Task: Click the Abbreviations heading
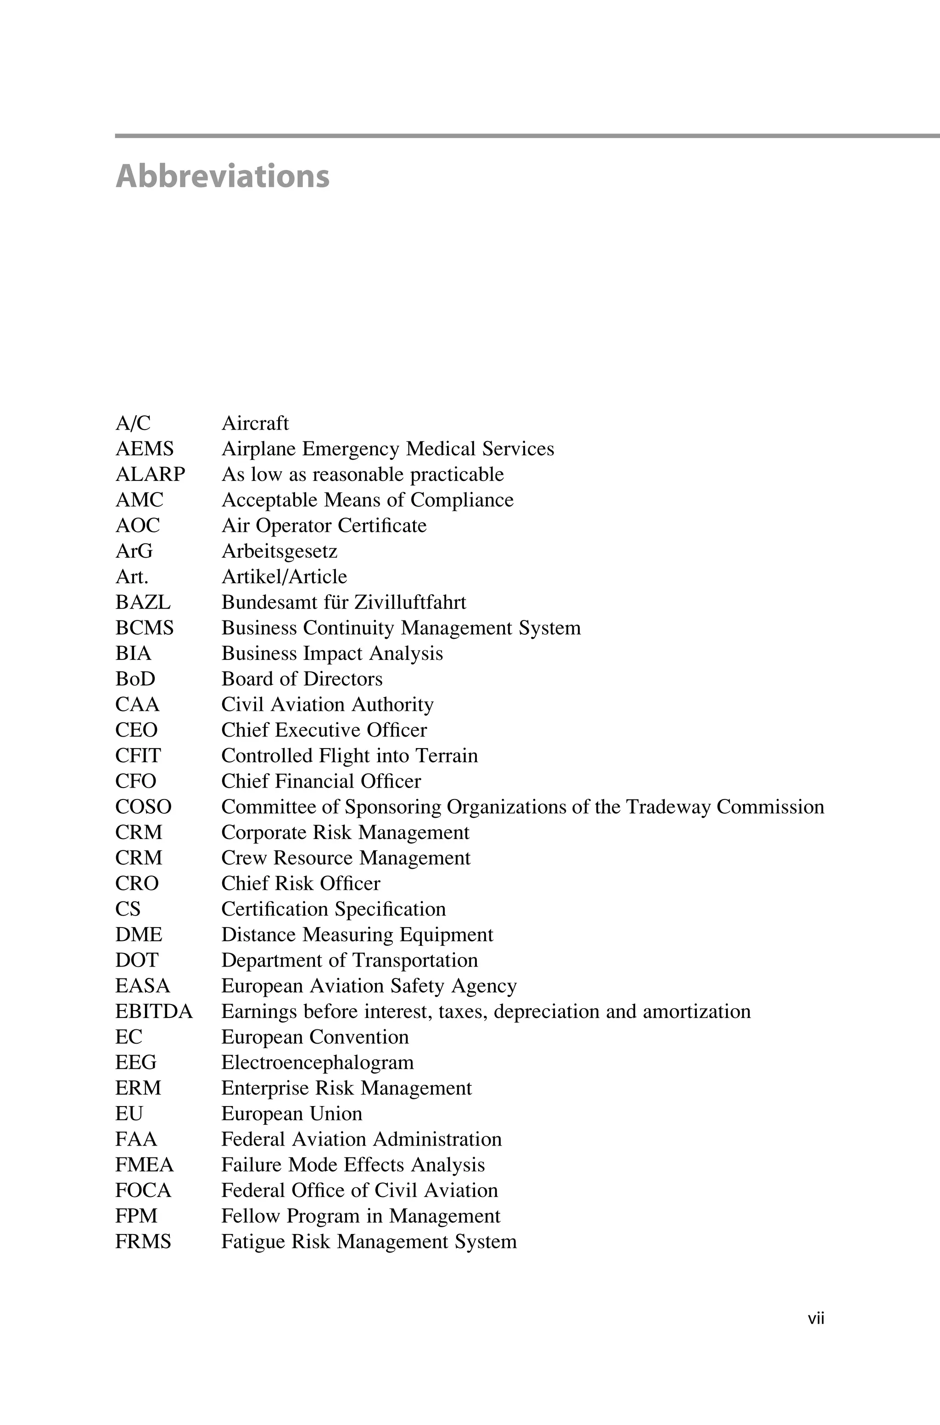pos(223,176)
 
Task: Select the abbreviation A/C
pos(133,423)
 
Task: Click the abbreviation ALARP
pos(151,474)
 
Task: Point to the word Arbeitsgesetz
pos(280,551)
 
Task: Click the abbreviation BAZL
pos(143,602)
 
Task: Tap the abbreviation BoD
pos(135,678)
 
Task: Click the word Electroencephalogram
pos(318,1062)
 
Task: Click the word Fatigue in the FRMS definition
pos(253,1241)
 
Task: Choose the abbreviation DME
pos(139,934)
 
